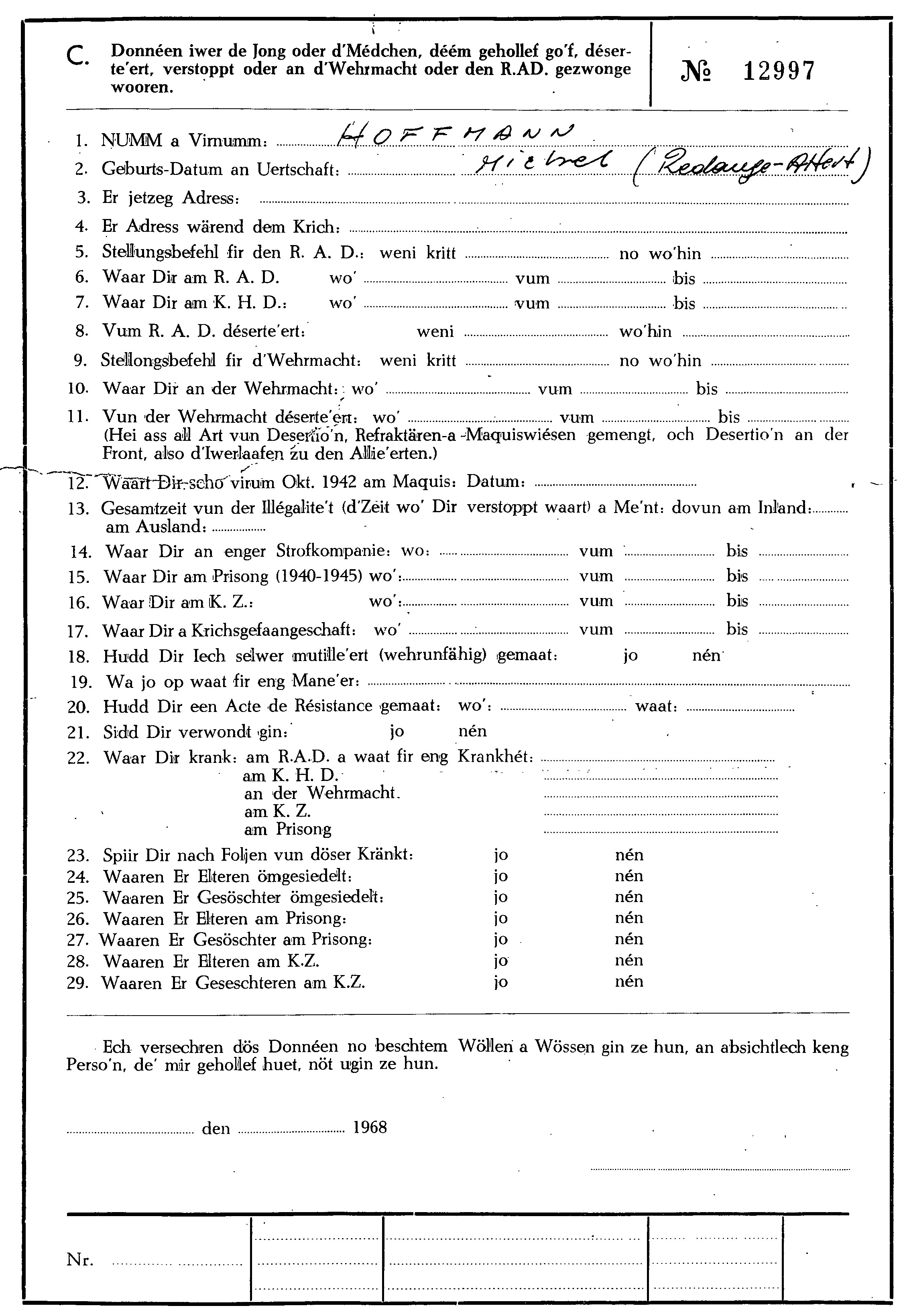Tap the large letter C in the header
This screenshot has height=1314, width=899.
(76, 57)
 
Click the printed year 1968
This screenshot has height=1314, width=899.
(370, 1127)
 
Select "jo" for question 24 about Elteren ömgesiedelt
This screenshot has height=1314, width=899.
(501, 876)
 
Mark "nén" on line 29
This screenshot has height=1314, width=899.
(629, 981)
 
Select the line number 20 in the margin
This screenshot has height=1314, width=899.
(79, 707)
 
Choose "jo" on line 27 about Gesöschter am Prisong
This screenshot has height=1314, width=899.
(501, 939)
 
